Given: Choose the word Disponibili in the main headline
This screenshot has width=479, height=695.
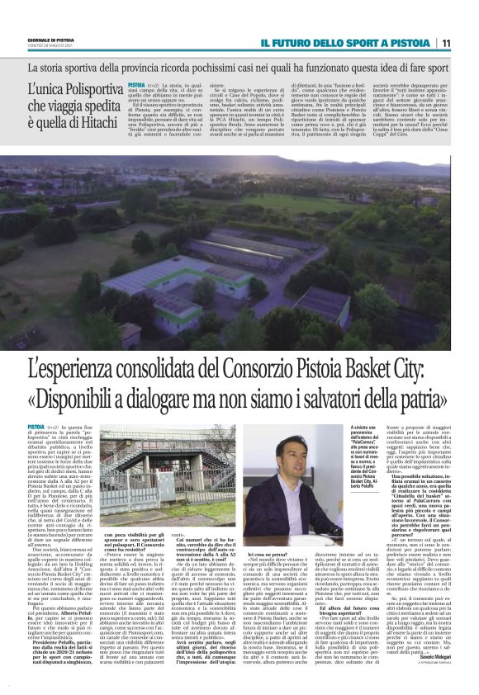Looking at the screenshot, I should coord(95,397).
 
